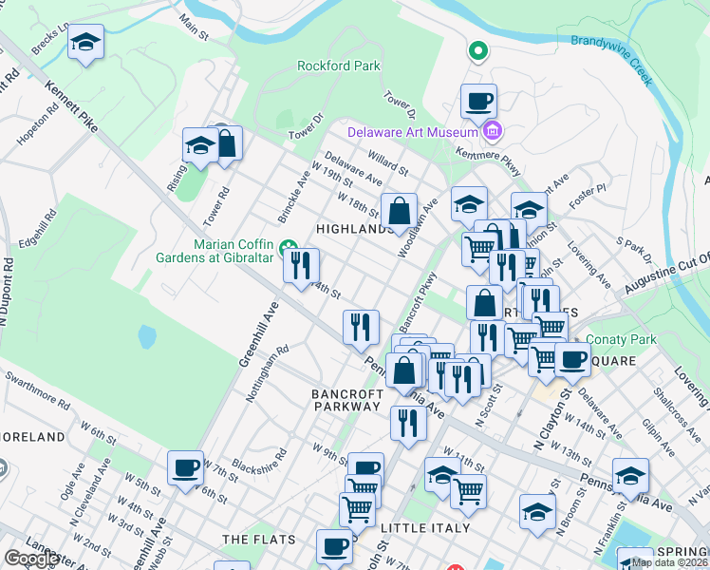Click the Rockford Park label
point(339,66)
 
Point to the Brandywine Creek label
point(611,58)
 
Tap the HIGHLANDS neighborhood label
point(354,229)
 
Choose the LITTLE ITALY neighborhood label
point(424,527)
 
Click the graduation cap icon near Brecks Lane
point(86,41)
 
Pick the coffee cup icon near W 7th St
point(186,466)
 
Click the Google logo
point(32,559)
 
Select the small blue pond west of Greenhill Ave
point(146,336)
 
